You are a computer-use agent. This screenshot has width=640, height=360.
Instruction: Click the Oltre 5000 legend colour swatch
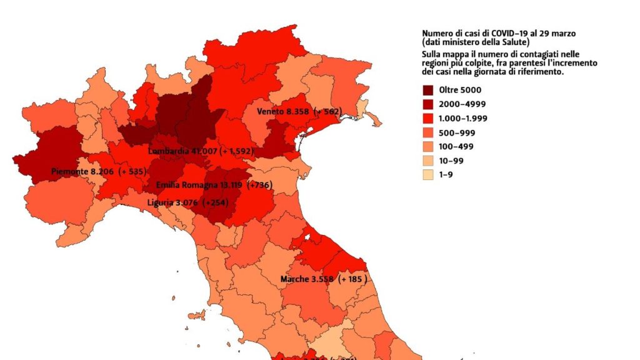click(x=429, y=90)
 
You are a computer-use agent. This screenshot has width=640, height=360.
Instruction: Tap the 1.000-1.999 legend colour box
click(x=429, y=118)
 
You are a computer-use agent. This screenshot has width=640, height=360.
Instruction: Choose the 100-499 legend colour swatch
click(x=429, y=147)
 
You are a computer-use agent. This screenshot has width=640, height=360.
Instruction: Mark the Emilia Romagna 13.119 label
click(x=196, y=185)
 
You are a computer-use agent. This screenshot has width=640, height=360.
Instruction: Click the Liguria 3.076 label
click(x=177, y=202)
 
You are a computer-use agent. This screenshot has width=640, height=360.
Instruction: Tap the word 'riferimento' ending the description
click(x=542, y=72)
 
